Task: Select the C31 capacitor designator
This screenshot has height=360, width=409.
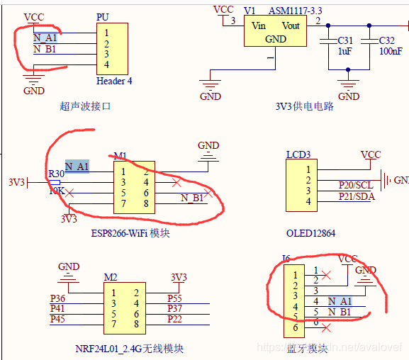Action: pyautogui.click(x=345, y=40)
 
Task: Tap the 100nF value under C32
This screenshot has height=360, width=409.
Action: pyautogui.click(x=389, y=52)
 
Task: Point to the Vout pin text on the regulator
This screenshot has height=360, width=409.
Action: pyautogui.click(x=291, y=26)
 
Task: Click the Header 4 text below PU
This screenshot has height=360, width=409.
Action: pyautogui.click(x=114, y=81)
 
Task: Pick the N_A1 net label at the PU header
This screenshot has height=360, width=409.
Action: pyautogui.click(x=46, y=38)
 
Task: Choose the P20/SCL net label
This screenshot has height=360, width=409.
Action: pyautogui.click(x=356, y=185)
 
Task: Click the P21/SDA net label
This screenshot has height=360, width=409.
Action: pyautogui.click(x=356, y=196)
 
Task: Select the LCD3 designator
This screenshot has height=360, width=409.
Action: pyautogui.click(x=298, y=154)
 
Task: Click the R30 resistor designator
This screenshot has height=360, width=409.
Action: pyautogui.click(x=56, y=174)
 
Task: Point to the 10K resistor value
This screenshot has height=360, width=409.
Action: pyautogui.click(x=57, y=191)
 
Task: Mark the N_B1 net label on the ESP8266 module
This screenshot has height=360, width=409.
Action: pyautogui.click(x=194, y=198)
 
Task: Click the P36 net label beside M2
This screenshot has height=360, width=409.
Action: pyautogui.click(x=58, y=299)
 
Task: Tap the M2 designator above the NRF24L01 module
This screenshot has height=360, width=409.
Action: pyautogui.click(x=110, y=277)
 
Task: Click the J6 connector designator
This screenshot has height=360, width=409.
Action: pyautogui.click(x=286, y=258)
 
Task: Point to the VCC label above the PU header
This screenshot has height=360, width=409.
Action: pyautogui.click(x=33, y=16)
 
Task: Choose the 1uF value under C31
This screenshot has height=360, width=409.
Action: pyautogui.click(x=344, y=52)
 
